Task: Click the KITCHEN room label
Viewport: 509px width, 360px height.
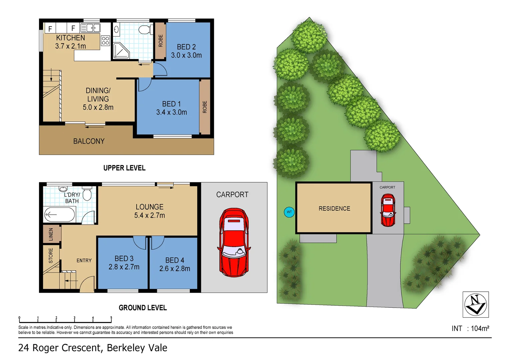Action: point(70,38)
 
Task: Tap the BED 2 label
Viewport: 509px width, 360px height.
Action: point(186,47)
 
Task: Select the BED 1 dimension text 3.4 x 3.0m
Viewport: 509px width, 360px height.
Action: point(172,112)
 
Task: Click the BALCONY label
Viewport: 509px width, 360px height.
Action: point(89,141)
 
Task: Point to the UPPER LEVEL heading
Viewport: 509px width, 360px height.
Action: point(124,168)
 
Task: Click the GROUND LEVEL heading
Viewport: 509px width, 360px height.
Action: point(143,308)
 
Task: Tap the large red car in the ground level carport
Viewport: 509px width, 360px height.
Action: point(234,242)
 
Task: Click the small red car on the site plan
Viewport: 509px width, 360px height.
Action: point(388,210)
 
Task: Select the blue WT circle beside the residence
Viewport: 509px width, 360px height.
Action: point(289,212)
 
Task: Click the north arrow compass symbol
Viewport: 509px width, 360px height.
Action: point(476,304)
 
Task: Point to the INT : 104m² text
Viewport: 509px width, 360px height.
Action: point(470,328)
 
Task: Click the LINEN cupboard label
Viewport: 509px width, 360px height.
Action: point(51,234)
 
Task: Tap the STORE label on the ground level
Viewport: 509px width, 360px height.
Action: point(51,255)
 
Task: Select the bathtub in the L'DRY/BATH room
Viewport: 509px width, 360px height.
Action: point(60,215)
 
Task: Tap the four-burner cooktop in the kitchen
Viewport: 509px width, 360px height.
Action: point(106,41)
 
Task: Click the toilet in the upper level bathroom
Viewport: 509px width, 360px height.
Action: point(144,30)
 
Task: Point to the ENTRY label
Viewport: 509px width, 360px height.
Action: point(84,260)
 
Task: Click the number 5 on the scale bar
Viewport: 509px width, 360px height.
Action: point(111,318)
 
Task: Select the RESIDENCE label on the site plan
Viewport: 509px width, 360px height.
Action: point(334,209)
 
